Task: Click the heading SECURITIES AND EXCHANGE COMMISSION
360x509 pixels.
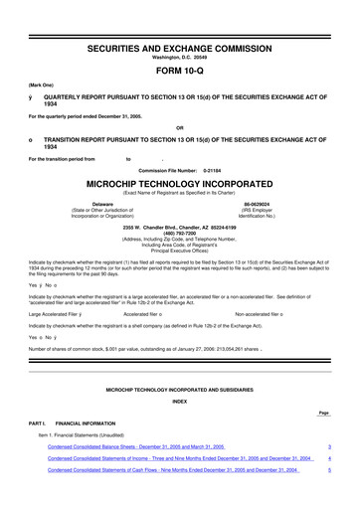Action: pos(180,21)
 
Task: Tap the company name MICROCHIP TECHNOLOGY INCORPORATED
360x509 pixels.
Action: pos(180,184)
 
